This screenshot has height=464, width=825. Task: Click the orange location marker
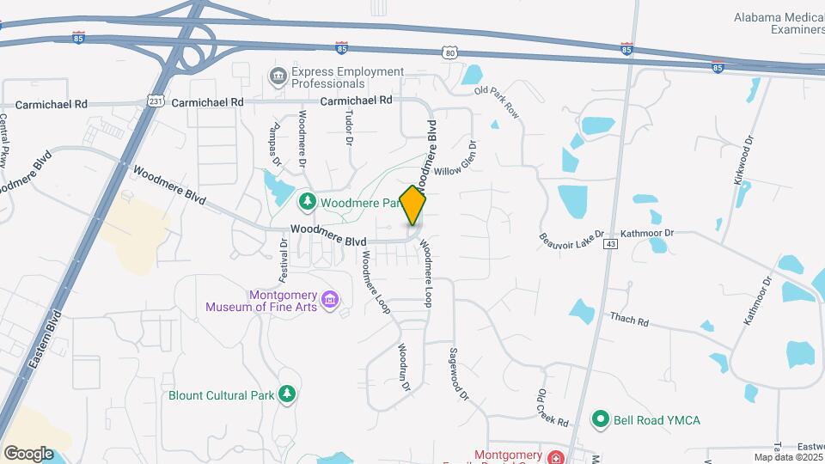point(412,205)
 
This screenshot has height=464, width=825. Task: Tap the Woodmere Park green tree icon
point(307,202)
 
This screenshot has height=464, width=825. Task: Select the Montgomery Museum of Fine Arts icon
point(330,301)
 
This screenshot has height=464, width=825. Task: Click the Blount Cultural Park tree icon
point(287,394)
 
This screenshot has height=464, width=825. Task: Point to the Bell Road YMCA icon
point(601,420)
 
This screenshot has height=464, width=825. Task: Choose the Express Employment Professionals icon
point(278,77)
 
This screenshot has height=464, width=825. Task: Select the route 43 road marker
point(610,245)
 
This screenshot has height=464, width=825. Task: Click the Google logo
point(28,453)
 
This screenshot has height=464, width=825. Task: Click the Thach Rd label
point(629,320)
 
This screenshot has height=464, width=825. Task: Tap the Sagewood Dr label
point(458,375)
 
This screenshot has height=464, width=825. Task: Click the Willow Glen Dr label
point(456,157)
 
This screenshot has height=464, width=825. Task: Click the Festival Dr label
point(284,261)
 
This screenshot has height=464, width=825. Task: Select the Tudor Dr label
point(348,127)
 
